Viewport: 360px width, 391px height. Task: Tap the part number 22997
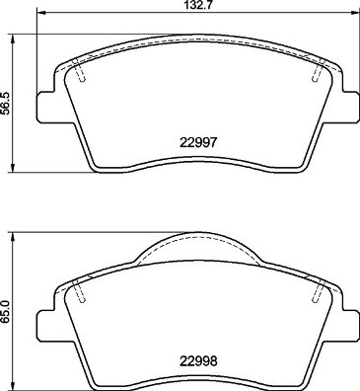pyautogui.click(x=196, y=142)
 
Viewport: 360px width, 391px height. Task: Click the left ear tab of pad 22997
pyautogui.click(x=46, y=105)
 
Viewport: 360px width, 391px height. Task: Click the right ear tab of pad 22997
pyautogui.click(x=348, y=105)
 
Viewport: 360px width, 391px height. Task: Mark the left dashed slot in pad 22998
pyautogui.click(x=81, y=291)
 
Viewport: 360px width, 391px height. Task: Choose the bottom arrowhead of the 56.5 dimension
pyautogui.click(x=11, y=167)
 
